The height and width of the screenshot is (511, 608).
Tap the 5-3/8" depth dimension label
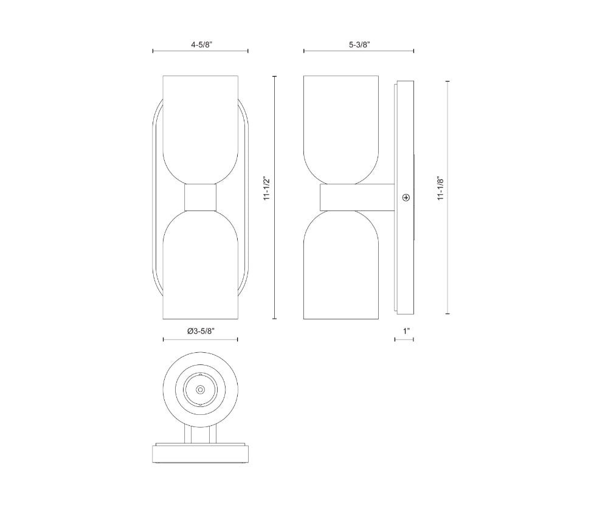click(359, 44)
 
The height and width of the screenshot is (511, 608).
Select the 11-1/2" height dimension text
click(266, 189)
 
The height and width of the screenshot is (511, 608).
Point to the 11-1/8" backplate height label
click(440, 189)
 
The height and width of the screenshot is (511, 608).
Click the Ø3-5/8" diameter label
click(201, 331)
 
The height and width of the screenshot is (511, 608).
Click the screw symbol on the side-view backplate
click(406, 198)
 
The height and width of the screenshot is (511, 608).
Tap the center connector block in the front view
click(200, 198)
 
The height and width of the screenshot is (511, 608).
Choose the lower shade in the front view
click(200, 265)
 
